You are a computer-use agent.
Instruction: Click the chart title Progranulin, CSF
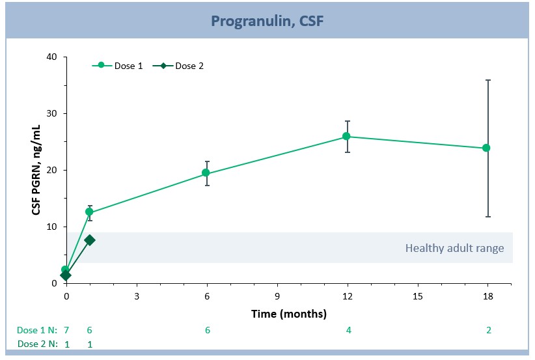267,21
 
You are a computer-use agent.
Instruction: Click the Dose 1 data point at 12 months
346,136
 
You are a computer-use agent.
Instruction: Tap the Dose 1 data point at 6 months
206,173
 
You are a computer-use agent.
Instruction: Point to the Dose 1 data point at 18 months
486,148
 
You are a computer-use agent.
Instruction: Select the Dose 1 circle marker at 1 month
89,212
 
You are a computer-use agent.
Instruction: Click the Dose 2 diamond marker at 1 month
90,240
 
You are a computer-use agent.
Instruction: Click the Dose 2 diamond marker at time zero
66,275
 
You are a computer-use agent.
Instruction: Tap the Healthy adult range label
454,248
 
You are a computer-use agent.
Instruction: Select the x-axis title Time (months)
289,314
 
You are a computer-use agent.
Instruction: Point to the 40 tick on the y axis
52,57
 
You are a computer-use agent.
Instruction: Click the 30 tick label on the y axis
52,114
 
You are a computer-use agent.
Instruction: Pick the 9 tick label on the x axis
277,296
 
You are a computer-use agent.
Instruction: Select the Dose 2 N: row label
38,344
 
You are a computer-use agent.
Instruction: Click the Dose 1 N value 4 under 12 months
348,330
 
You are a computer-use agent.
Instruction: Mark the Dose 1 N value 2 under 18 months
488,330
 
